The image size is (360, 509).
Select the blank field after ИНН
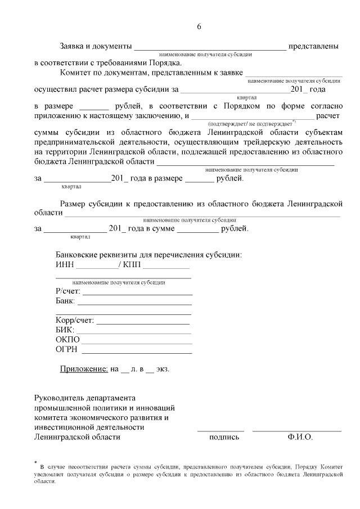(x=97, y=265)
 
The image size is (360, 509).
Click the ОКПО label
(x=67, y=340)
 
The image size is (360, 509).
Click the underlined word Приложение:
(x=84, y=370)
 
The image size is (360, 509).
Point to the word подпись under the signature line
(x=224, y=436)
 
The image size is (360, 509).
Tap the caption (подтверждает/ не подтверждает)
(x=251, y=123)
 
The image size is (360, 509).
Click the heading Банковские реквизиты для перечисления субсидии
(x=148, y=254)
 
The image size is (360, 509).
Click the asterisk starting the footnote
(x=35, y=462)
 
